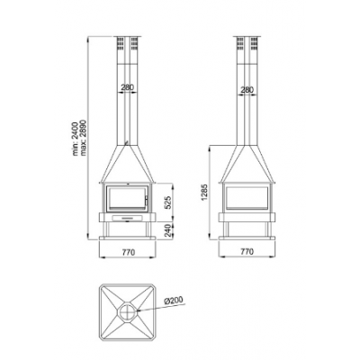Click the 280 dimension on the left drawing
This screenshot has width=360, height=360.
point(127,88)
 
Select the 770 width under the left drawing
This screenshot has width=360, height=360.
point(128,253)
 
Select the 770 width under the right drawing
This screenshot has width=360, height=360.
point(247,253)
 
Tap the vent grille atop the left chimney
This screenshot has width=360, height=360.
point(127,42)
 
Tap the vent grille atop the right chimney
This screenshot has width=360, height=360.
point(247,42)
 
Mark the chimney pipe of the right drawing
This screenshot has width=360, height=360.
point(247,108)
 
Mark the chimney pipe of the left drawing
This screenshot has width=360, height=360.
point(127,108)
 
